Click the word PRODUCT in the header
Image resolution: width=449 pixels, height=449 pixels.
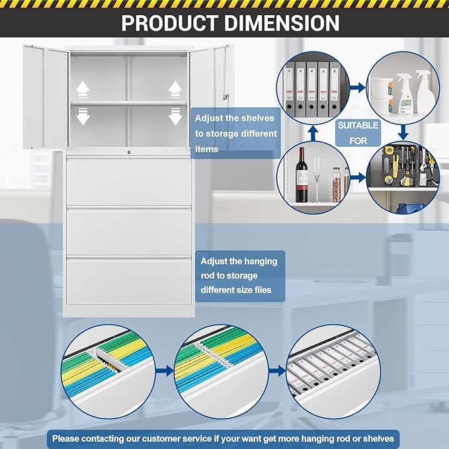point(170,23)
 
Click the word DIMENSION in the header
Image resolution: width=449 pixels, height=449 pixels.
point(282,23)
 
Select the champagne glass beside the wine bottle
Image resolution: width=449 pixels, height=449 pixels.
point(316,179)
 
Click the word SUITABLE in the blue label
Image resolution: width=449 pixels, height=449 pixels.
point(358,126)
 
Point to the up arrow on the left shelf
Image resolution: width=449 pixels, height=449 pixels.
point(83,89)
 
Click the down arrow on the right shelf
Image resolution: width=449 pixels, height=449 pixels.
point(175,116)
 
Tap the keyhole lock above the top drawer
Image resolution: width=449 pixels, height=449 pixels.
point(129,152)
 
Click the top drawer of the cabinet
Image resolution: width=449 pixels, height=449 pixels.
point(129,181)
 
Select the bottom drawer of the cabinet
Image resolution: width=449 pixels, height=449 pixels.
point(129,280)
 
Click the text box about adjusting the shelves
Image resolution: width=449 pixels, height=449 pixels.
point(235,133)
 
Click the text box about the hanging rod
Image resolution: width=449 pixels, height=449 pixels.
point(240,276)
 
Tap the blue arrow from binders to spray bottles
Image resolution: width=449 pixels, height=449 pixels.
point(357,87)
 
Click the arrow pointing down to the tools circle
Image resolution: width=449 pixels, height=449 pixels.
point(403,132)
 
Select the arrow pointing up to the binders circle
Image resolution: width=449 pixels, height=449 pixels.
point(313,133)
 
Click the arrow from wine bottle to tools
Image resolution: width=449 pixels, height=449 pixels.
point(358,177)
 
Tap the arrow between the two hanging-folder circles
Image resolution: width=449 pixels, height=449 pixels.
point(165,371)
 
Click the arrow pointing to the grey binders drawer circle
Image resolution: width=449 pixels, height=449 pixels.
point(277,371)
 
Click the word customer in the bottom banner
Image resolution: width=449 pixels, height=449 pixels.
point(161,438)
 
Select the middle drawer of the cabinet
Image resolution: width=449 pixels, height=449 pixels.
point(129,231)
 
